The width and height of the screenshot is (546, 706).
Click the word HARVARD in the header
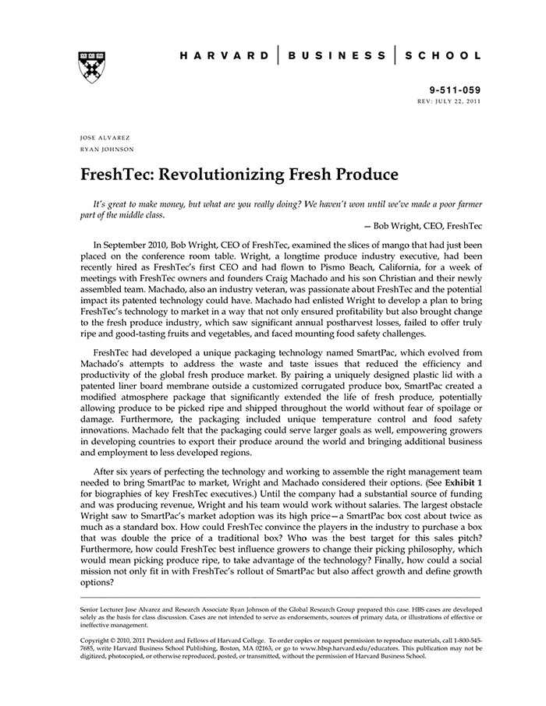[x=221, y=56]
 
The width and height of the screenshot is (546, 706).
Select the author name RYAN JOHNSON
[x=108, y=148]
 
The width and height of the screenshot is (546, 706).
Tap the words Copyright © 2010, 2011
[x=112, y=639]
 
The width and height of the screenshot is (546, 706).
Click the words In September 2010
[x=132, y=244]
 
